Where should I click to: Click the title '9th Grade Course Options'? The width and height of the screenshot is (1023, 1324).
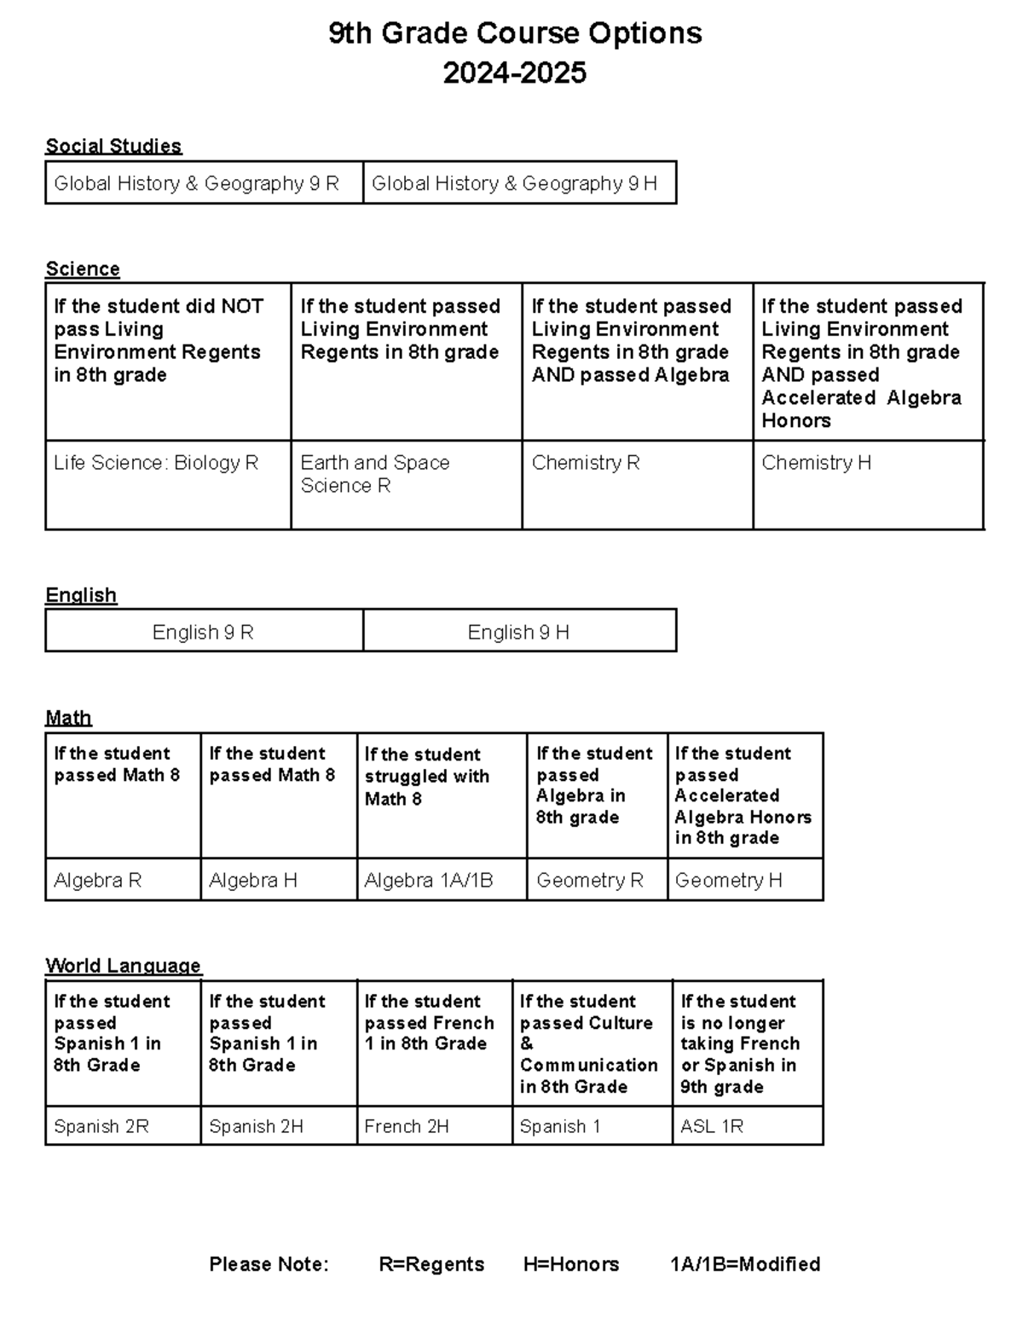pos(515,33)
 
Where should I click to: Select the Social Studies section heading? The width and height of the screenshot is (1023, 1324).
pos(113,146)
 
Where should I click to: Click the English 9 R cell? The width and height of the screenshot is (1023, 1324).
pos(203,632)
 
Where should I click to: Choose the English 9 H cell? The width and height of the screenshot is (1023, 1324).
pos(518,632)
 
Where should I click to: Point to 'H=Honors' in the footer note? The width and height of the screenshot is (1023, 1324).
pos(571,1263)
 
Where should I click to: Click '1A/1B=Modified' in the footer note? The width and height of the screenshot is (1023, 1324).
pos(745,1263)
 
